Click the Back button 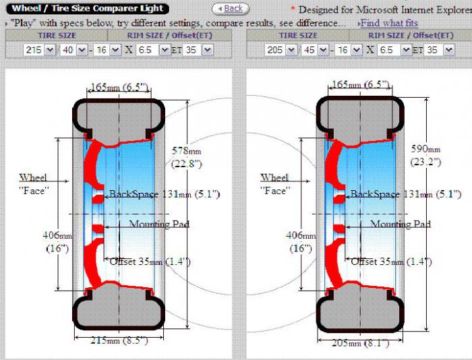pos(231,9)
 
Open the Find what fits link pos(389,23)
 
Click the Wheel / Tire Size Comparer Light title pos(87,9)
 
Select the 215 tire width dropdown pos(39,50)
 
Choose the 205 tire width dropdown pos(281,50)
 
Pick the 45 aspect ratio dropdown pos(315,50)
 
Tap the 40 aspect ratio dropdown pos(73,50)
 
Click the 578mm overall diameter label pos(187,157)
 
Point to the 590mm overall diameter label pos(425,155)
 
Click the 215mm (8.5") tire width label pos(119,340)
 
